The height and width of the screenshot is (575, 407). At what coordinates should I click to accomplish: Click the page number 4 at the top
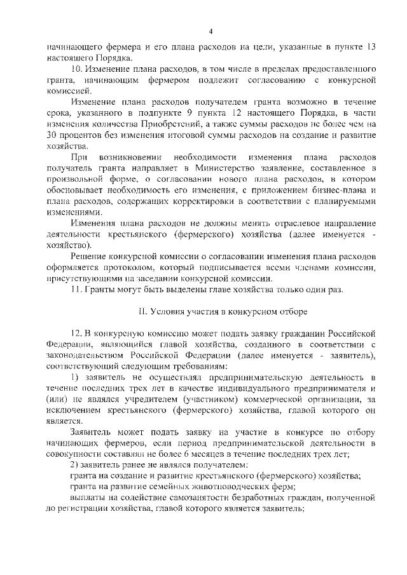(209, 32)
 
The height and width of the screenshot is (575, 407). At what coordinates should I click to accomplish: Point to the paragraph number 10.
(76, 68)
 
